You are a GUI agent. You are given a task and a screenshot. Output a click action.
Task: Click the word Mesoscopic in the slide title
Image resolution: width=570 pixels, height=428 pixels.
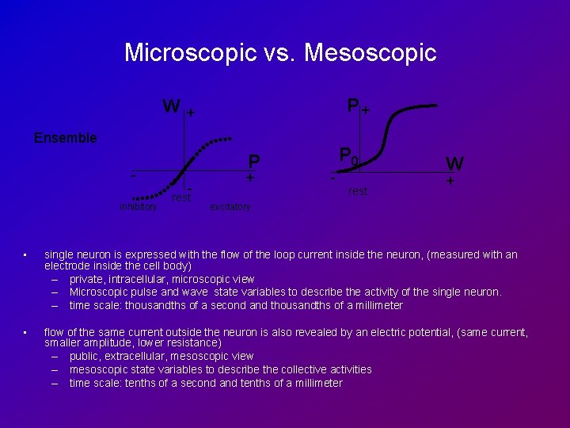point(370,53)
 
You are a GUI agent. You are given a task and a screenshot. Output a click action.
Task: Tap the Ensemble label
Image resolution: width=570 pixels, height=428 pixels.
point(66,138)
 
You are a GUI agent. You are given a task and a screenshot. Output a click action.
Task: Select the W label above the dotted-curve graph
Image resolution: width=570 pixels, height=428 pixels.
point(170,106)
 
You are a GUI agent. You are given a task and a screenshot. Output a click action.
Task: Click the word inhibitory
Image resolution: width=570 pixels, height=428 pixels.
point(139,208)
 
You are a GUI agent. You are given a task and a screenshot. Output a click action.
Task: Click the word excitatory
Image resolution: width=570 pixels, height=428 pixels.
point(230,207)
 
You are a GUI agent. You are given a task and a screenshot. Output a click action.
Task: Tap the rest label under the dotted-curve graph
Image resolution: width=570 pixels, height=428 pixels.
point(181,197)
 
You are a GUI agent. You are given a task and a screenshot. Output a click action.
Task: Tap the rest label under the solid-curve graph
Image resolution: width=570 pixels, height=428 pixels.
point(358,191)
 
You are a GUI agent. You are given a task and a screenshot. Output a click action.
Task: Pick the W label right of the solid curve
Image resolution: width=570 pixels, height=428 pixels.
point(454,164)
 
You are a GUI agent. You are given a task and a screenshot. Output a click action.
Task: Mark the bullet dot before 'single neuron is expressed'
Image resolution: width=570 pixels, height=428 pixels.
point(25,254)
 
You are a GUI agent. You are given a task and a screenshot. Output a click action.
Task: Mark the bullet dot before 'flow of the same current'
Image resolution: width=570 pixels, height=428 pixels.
point(25,332)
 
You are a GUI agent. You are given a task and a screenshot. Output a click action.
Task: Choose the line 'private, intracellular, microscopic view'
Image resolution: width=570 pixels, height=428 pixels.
point(161,279)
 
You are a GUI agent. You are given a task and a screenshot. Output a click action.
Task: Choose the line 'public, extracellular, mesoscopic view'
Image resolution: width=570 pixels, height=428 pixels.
point(161,357)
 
